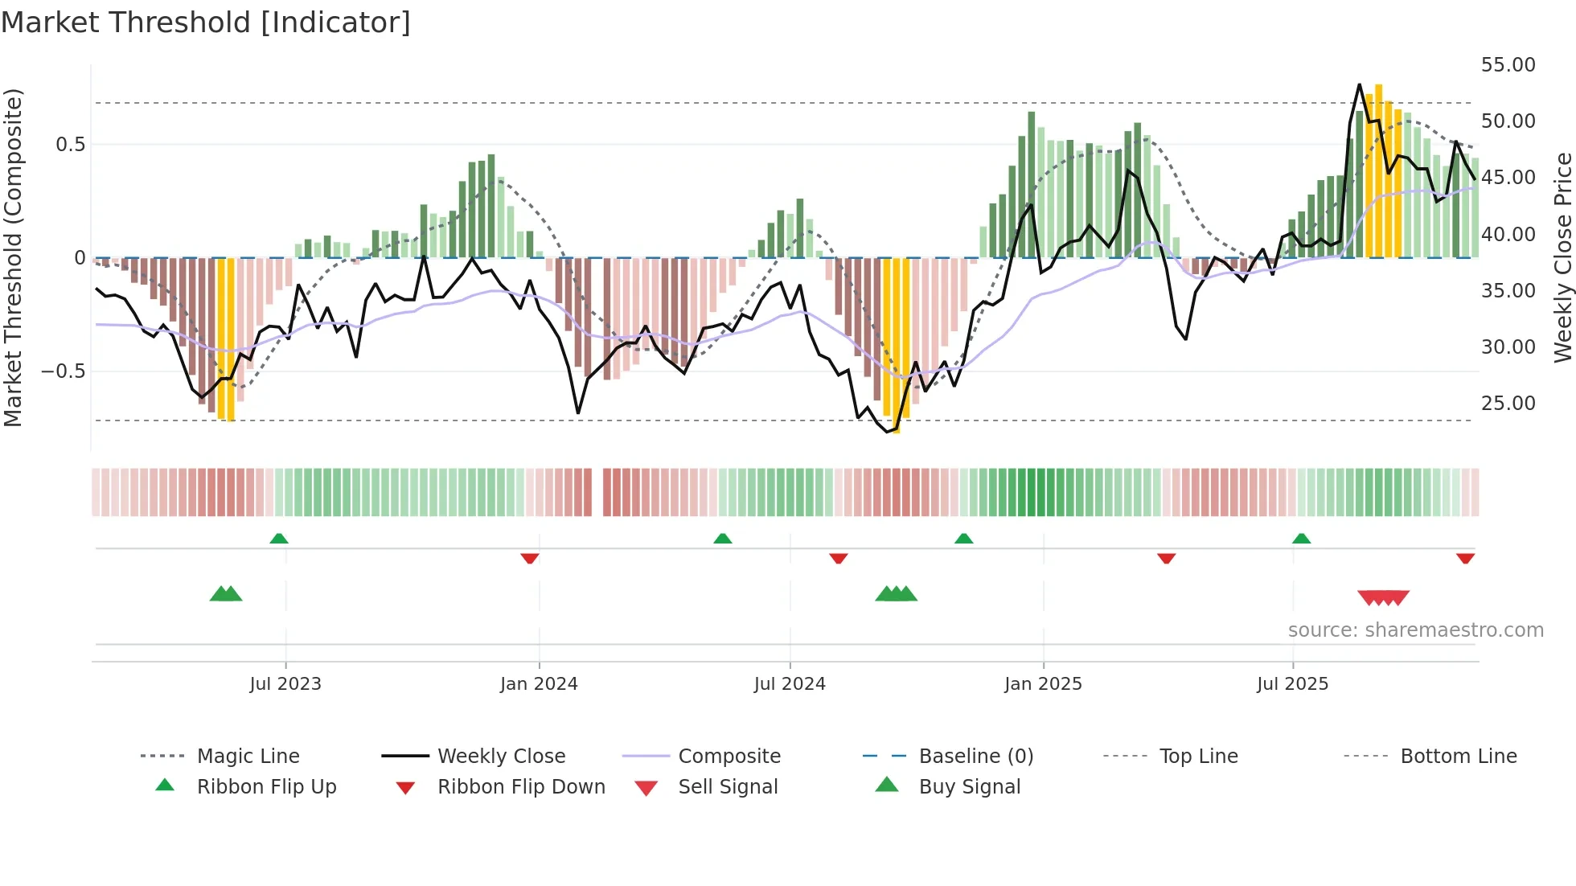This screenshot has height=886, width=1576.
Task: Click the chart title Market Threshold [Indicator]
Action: click(206, 23)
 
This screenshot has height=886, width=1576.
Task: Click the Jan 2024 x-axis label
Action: click(539, 684)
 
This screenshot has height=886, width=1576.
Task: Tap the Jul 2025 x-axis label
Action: click(1292, 684)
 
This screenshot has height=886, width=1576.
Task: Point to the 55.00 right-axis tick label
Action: click(1508, 65)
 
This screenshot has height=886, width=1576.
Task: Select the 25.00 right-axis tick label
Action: click(1508, 404)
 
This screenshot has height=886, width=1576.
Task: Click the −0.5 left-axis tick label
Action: click(63, 371)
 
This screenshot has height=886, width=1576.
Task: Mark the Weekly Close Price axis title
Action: click(1562, 257)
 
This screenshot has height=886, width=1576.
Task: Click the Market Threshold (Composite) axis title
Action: click(13, 257)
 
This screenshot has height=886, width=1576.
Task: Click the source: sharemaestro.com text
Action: click(1415, 630)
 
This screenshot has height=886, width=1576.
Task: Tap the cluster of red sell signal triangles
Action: click(1383, 597)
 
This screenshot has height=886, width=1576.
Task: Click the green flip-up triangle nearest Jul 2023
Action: click(279, 539)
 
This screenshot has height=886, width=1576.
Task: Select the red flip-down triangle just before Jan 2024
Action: click(529, 558)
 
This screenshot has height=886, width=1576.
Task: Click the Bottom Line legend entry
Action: click(1458, 756)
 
